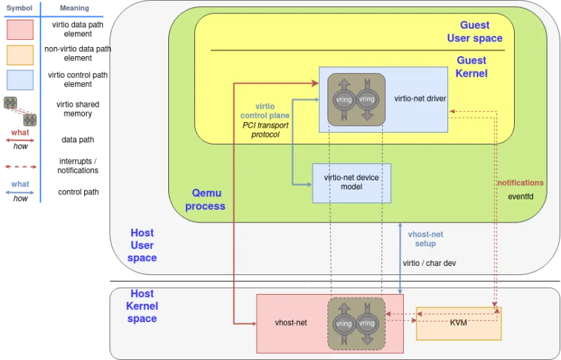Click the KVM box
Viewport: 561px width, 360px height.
point(459,323)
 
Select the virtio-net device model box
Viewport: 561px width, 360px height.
point(351,182)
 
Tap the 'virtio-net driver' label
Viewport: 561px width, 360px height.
point(421,99)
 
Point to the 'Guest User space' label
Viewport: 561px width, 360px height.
point(475,32)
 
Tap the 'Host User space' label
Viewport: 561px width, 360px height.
point(142,245)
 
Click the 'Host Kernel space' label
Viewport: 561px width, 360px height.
point(142,306)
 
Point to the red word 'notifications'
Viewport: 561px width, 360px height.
point(520,183)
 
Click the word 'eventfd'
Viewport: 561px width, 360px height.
point(520,196)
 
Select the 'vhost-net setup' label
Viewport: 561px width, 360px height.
point(426,239)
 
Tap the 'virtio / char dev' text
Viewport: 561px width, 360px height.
point(429,262)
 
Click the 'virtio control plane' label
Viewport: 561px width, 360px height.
point(265,110)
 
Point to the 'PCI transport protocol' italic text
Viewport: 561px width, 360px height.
point(265,129)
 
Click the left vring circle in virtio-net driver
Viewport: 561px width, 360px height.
point(344,99)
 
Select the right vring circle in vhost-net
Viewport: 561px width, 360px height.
point(367,324)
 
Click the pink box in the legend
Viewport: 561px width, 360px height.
point(20,29)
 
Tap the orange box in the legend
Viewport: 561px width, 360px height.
point(20,55)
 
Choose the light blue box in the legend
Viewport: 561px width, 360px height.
point(20,79)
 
